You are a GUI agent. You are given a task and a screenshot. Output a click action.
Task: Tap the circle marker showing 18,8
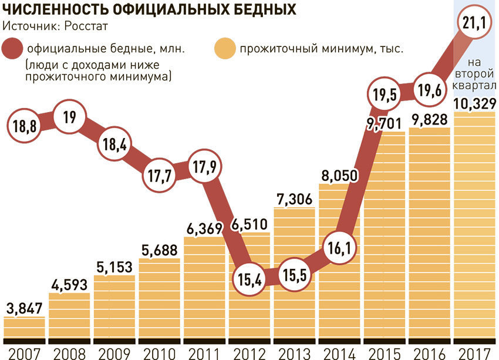pyautogui.click(x=25, y=125)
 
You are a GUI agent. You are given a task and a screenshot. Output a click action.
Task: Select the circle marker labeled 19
pyautogui.click(x=69, y=117)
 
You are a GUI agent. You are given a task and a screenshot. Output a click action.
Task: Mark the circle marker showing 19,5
pyautogui.click(x=384, y=93)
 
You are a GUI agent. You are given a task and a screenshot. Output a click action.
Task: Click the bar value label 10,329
pyautogui.click(x=474, y=104)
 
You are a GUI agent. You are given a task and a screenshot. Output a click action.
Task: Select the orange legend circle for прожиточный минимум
pyautogui.click(x=225, y=49)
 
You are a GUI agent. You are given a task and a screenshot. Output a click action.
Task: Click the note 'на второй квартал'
pyautogui.click(x=474, y=75)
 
